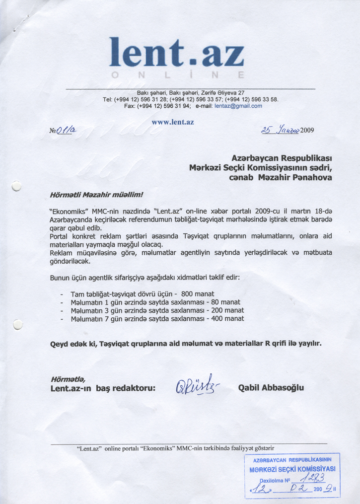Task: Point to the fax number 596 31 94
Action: click(177, 106)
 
